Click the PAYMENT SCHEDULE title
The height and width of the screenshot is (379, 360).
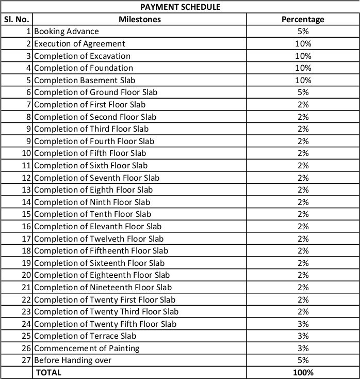coord(180,7)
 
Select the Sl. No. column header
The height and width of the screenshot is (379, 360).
coord(17,20)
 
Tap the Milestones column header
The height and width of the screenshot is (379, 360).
coord(139,20)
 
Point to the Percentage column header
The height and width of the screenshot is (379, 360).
coord(303,20)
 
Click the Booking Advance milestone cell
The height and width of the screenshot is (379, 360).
coord(66,31)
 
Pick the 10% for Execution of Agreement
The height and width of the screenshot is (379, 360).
coord(303,44)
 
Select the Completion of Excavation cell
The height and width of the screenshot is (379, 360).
coord(82,56)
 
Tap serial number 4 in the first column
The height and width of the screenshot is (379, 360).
coord(29,68)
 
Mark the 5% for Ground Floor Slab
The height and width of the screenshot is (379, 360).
coord(303,92)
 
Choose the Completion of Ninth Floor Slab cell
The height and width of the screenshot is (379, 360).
coord(92,202)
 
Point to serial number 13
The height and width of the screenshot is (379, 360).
coord(26,189)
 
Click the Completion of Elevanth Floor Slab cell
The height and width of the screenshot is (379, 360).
coord(97,226)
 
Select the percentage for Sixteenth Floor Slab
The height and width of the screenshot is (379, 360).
coord(303,263)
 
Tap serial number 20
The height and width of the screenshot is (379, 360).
coord(26,275)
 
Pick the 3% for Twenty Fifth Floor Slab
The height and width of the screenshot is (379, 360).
coord(303,324)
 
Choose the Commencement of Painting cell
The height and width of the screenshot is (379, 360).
coord(87,348)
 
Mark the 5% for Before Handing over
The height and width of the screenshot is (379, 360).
coord(303,360)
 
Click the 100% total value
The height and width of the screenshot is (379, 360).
coord(303,372)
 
